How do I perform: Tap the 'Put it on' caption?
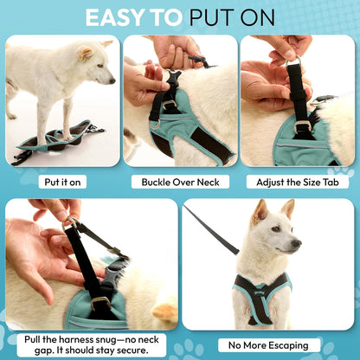63,183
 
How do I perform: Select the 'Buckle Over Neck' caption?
179,183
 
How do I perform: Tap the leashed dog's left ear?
287,209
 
